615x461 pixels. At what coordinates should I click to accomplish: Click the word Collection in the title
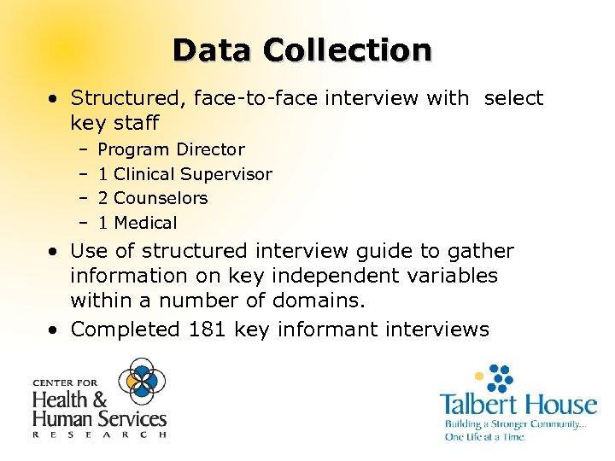[348, 50]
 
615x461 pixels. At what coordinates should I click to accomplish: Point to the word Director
[210, 150]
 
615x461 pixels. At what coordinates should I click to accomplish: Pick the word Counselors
[161, 199]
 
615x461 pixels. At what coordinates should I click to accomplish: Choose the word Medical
[145, 224]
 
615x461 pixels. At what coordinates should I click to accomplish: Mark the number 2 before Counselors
[102, 199]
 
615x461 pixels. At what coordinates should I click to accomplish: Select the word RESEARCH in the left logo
[99, 435]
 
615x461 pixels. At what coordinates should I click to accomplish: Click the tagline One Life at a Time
[484, 437]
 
